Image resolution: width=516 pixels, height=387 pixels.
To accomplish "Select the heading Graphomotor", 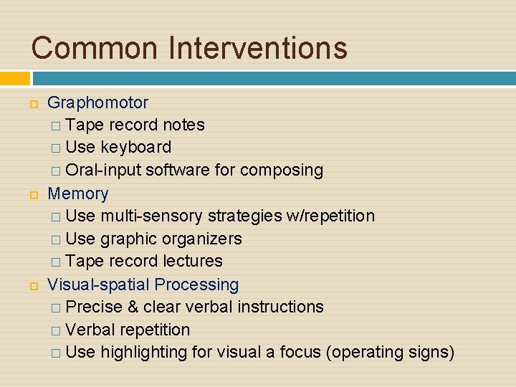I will (x=97, y=102).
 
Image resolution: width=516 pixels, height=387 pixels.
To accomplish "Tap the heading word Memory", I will (x=77, y=193).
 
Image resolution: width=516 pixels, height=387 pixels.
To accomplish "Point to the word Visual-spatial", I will (x=99, y=285).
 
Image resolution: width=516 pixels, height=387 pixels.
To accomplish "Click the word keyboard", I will (x=136, y=148).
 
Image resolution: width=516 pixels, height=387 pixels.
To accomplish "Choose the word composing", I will (x=282, y=171).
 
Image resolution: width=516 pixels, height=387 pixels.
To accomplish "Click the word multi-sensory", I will (x=152, y=216).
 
